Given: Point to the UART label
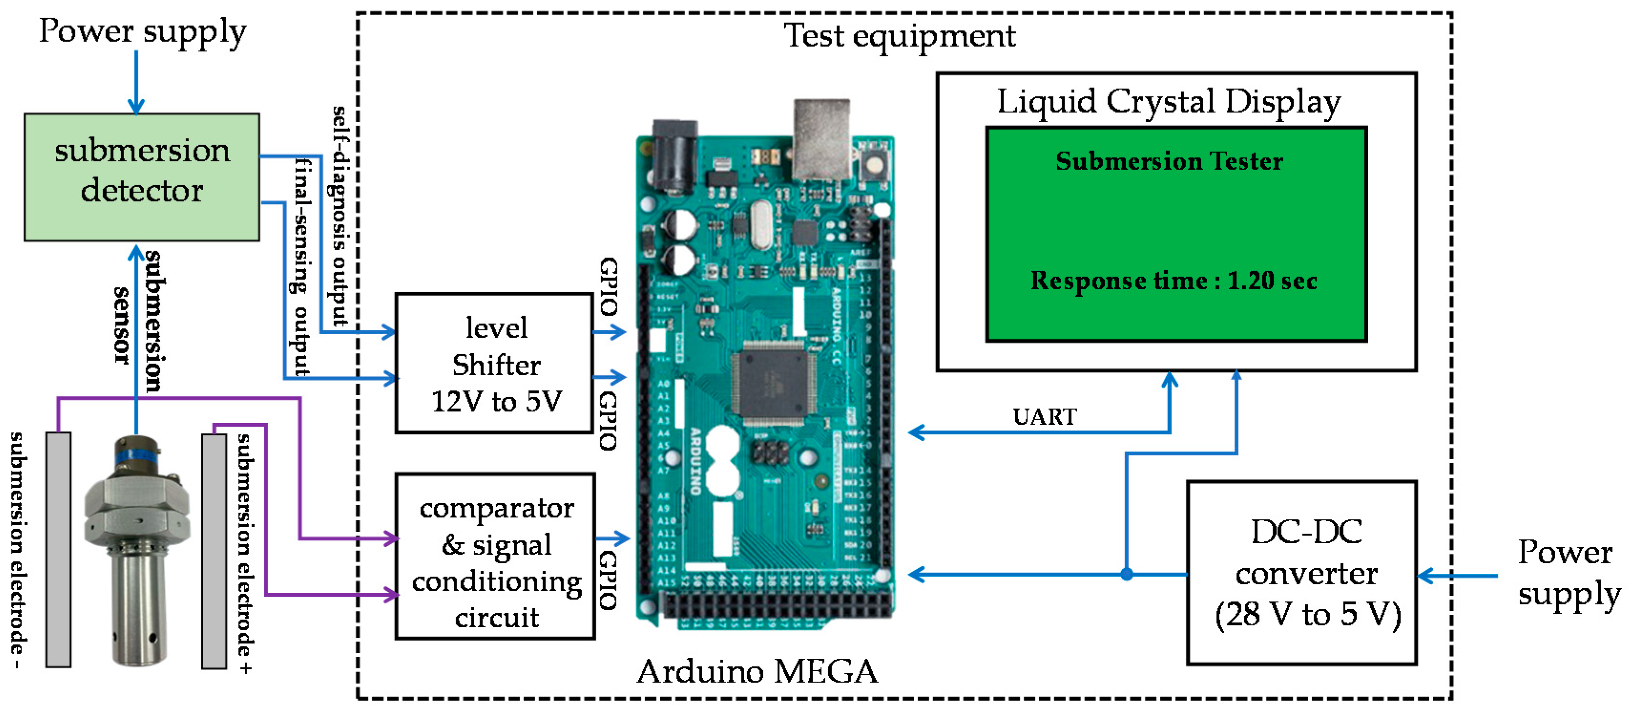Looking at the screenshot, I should pyautogui.click(x=1044, y=417).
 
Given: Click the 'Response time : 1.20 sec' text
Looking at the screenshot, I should pyautogui.click(x=1174, y=281).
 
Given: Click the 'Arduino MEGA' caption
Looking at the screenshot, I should pyautogui.click(x=757, y=671).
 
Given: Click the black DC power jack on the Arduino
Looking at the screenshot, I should pyautogui.click(x=675, y=156).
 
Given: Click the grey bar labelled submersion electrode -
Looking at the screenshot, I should pyautogui.click(x=58, y=549).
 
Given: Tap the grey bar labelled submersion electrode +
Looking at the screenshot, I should pyautogui.click(x=214, y=551).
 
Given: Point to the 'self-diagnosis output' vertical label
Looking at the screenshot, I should pyautogui.click(x=341, y=216).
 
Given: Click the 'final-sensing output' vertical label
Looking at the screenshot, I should pyautogui.click(x=302, y=266).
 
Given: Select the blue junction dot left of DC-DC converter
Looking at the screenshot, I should pyautogui.click(x=1126, y=574).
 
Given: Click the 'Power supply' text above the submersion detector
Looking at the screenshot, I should pyautogui.click(x=142, y=32).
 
